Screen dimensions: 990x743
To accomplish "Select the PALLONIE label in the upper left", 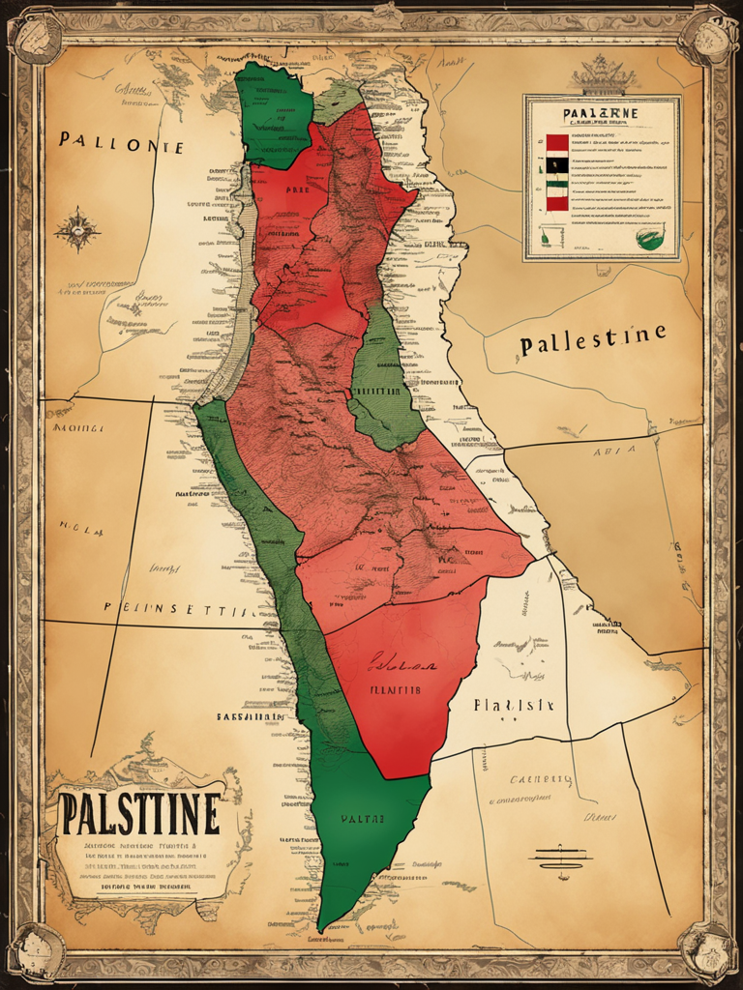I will [120, 143].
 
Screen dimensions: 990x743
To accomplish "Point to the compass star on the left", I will [77, 230].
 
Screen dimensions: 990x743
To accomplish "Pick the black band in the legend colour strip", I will [557, 164].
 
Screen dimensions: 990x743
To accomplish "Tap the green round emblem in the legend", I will [650, 236].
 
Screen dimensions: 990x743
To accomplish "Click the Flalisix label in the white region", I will [513, 705].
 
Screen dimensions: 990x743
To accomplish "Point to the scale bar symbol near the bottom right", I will [560, 858].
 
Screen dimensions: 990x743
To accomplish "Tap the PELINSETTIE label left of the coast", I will [180, 609].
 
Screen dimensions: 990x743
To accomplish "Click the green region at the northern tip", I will [274, 116].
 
